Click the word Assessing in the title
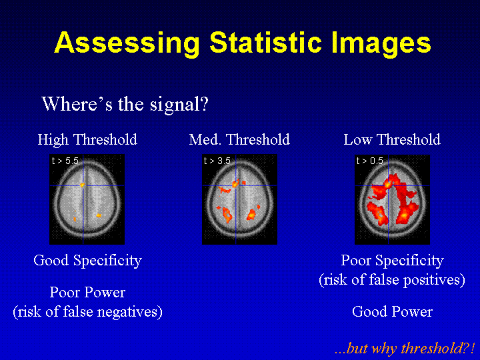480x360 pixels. coord(127,43)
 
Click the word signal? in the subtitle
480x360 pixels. coord(179,105)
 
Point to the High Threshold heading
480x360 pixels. coord(87,139)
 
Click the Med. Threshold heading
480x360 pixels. coord(239,139)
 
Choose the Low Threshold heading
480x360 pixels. coord(392,139)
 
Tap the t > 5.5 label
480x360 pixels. coord(65,161)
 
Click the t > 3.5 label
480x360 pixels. coord(217,161)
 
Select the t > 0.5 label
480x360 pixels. coord(370,161)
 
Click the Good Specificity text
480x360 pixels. coord(87,261)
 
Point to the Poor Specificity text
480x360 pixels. coord(392,261)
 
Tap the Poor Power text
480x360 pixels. coord(87,293)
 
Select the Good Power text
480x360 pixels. coord(392,311)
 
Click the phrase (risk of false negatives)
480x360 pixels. coord(87,312)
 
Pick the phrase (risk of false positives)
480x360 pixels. coord(392,280)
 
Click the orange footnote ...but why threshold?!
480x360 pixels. coord(405,349)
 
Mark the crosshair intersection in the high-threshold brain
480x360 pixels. coord(83,185)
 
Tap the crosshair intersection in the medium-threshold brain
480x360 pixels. coord(235,185)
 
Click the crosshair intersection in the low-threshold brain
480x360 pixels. coord(388,185)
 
